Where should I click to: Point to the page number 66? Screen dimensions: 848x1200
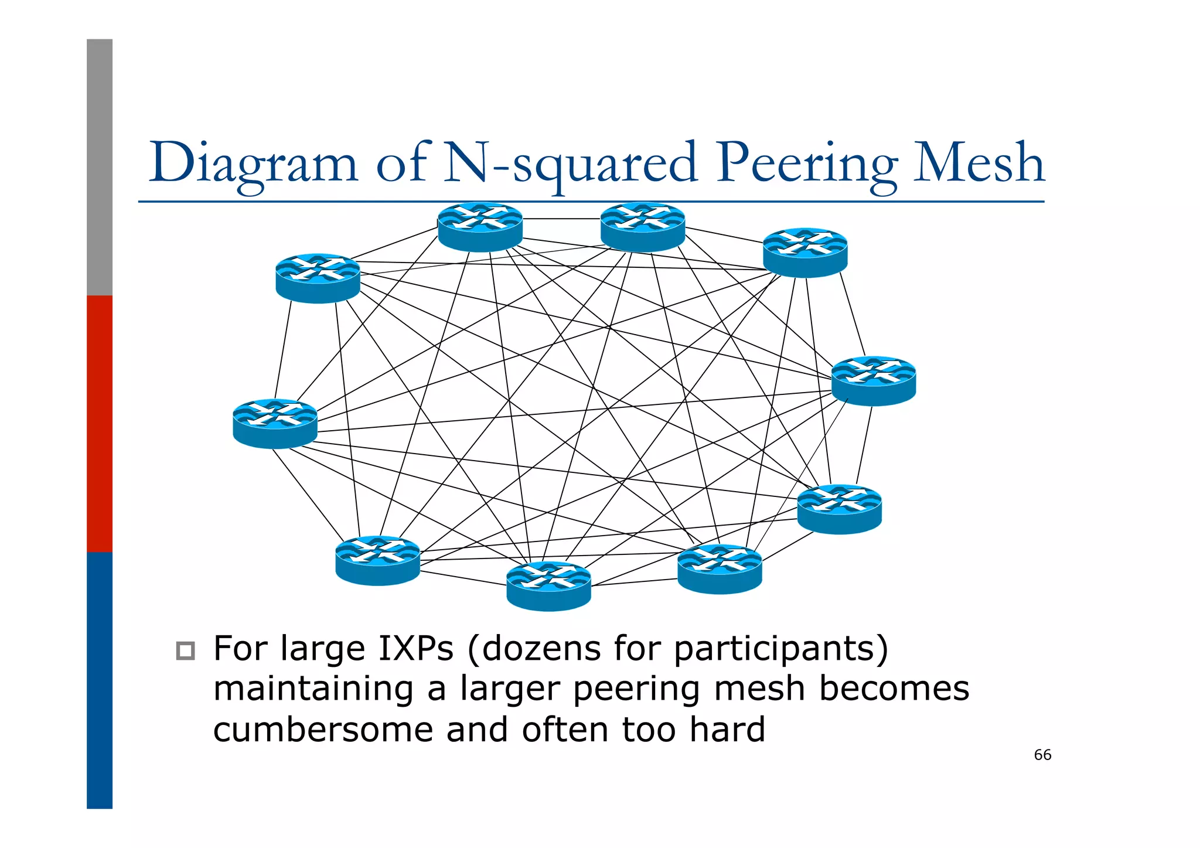(x=1042, y=755)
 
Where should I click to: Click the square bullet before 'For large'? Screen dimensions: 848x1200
(x=185, y=651)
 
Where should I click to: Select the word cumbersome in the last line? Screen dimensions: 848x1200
(x=322, y=729)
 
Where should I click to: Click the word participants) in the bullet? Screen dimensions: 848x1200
(x=780, y=648)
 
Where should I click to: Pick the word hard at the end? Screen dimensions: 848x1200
(x=727, y=729)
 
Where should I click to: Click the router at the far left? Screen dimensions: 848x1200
(x=275, y=423)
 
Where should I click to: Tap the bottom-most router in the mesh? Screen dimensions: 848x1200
(x=548, y=585)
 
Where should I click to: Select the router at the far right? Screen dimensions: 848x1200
(x=874, y=380)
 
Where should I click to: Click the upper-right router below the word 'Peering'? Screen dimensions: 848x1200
(x=805, y=252)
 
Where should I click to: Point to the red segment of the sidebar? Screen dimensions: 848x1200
(x=100, y=423)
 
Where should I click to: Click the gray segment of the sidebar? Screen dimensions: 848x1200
(x=100, y=167)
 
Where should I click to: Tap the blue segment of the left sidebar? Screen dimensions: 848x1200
(x=100, y=680)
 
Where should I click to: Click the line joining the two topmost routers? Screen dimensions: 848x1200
(x=561, y=219)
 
